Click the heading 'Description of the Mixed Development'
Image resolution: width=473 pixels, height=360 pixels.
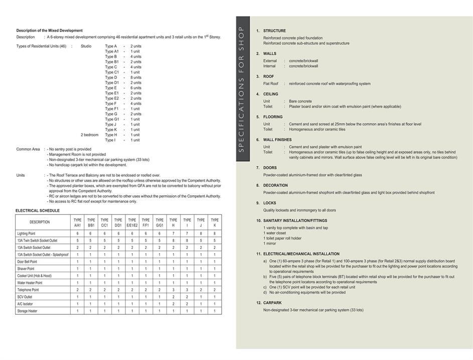click(49, 31)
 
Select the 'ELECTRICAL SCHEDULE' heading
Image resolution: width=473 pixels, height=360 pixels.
click(38, 211)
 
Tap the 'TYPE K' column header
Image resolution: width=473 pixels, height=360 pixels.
click(215, 222)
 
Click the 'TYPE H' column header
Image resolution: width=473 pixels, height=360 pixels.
click(173, 222)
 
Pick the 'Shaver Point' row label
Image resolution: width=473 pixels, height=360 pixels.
click(26, 269)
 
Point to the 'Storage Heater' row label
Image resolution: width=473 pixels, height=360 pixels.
click(27, 311)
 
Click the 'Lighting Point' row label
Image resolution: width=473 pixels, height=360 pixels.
click(26, 233)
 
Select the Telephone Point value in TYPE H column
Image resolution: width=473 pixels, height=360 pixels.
click(173, 290)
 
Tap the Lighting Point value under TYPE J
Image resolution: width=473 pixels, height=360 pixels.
click(201, 233)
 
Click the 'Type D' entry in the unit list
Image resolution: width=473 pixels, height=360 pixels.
click(111, 78)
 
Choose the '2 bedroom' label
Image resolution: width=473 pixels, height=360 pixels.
click(90, 135)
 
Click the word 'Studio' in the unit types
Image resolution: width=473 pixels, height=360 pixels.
click(86, 46)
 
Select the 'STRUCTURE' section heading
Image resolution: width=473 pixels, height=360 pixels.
click(274, 31)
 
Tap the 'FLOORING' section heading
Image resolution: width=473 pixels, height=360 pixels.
click(273, 117)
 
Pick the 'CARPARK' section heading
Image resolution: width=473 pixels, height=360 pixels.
click(272, 303)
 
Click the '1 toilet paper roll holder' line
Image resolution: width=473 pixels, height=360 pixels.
click(282, 238)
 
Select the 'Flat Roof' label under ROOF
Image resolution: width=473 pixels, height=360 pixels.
click(271, 84)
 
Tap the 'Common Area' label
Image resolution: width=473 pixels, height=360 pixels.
click(28, 149)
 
